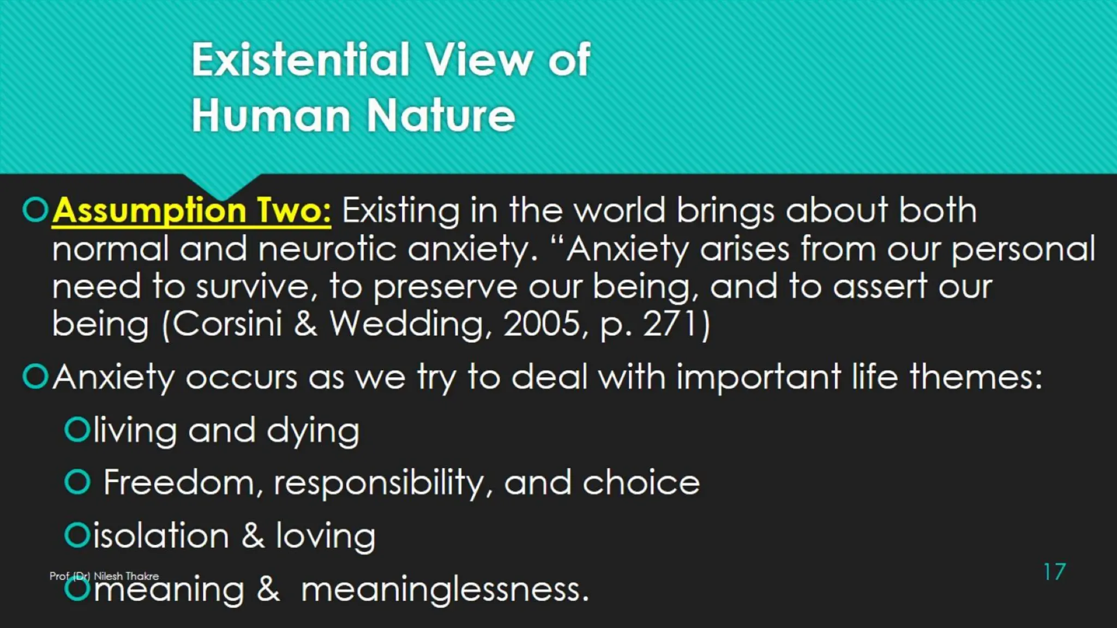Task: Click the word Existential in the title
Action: [300, 59]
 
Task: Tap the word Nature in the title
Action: [441, 116]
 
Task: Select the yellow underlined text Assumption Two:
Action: [191, 210]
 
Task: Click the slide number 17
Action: [1054, 572]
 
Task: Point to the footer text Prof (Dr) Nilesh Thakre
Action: [104, 576]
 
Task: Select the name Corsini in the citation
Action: [227, 324]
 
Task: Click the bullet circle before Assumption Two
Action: [36, 210]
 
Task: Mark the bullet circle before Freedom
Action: [77, 482]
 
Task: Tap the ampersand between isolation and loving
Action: [253, 535]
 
